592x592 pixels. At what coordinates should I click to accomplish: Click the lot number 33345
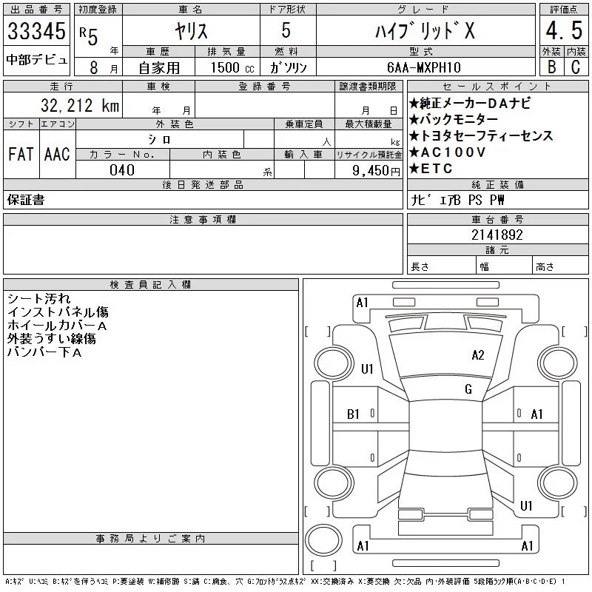click(x=36, y=31)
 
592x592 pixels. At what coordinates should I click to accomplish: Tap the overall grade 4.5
click(x=564, y=30)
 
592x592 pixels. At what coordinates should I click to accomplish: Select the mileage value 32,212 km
click(x=80, y=106)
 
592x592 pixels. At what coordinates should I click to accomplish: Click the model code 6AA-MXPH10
click(x=424, y=67)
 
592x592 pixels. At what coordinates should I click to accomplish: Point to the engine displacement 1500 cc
click(x=232, y=67)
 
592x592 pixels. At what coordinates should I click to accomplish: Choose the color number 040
click(x=122, y=170)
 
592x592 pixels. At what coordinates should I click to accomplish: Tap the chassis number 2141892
click(x=497, y=235)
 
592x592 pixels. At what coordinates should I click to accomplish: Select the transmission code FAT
click(x=21, y=154)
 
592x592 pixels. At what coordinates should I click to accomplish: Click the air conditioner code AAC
click(x=57, y=154)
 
